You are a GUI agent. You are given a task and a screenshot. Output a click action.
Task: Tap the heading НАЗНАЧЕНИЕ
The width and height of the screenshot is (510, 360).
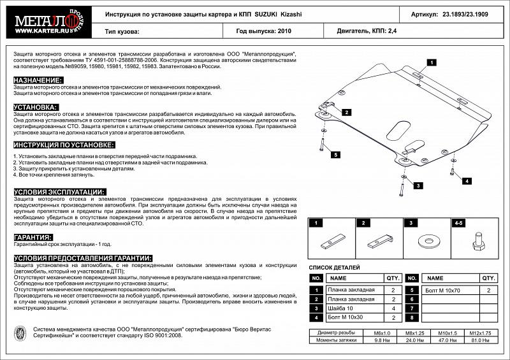point(38,80)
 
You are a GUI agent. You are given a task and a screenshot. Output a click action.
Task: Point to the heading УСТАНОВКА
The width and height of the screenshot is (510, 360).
point(36,108)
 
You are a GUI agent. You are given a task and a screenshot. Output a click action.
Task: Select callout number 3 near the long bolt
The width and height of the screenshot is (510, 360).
point(418,185)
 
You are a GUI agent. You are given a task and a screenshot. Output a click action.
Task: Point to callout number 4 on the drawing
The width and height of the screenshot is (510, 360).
point(467,181)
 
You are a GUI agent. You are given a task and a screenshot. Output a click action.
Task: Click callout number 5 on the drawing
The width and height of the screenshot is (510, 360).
point(335,154)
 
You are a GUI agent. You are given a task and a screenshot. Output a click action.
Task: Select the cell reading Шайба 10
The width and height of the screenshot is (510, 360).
point(343,308)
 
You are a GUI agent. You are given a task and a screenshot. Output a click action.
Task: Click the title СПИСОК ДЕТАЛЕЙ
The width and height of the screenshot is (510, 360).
point(335,268)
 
